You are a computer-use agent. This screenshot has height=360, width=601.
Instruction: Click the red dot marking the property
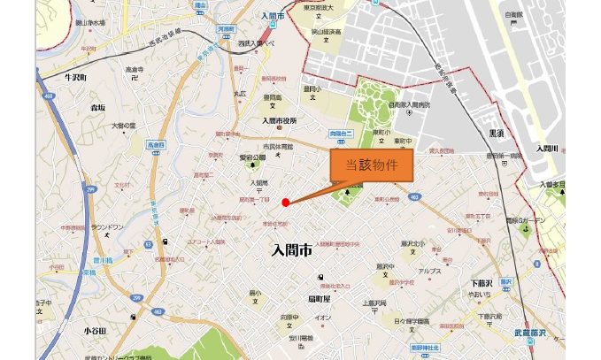coord(285,203)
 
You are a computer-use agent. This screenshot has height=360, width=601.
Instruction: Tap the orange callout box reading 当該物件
coord(371,165)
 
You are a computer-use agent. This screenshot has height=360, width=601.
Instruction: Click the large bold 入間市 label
coord(292,251)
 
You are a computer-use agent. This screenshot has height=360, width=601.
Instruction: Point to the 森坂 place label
coord(97,107)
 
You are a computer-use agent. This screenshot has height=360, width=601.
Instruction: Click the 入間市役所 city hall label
coord(280,120)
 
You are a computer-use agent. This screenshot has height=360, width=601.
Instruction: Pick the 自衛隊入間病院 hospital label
coord(409,105)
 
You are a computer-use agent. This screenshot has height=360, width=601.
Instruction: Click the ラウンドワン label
coord(106,226)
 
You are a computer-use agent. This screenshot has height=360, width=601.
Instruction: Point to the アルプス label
coord(430,272)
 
